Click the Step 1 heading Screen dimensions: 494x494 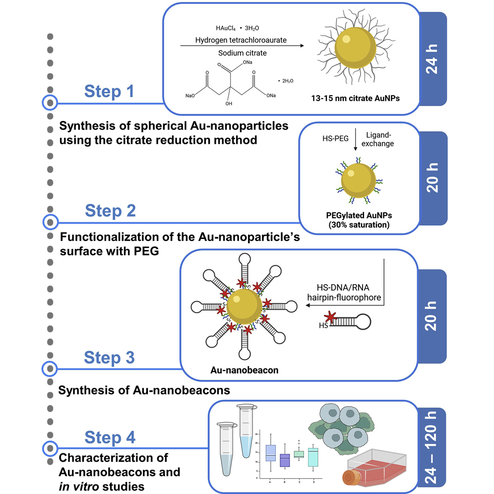pos(109,91)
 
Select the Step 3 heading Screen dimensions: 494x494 pos(109,357)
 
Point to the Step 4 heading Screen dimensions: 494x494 pos(110,437)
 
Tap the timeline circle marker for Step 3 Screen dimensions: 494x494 pos(49,368)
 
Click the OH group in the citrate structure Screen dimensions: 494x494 pos(229,105)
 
